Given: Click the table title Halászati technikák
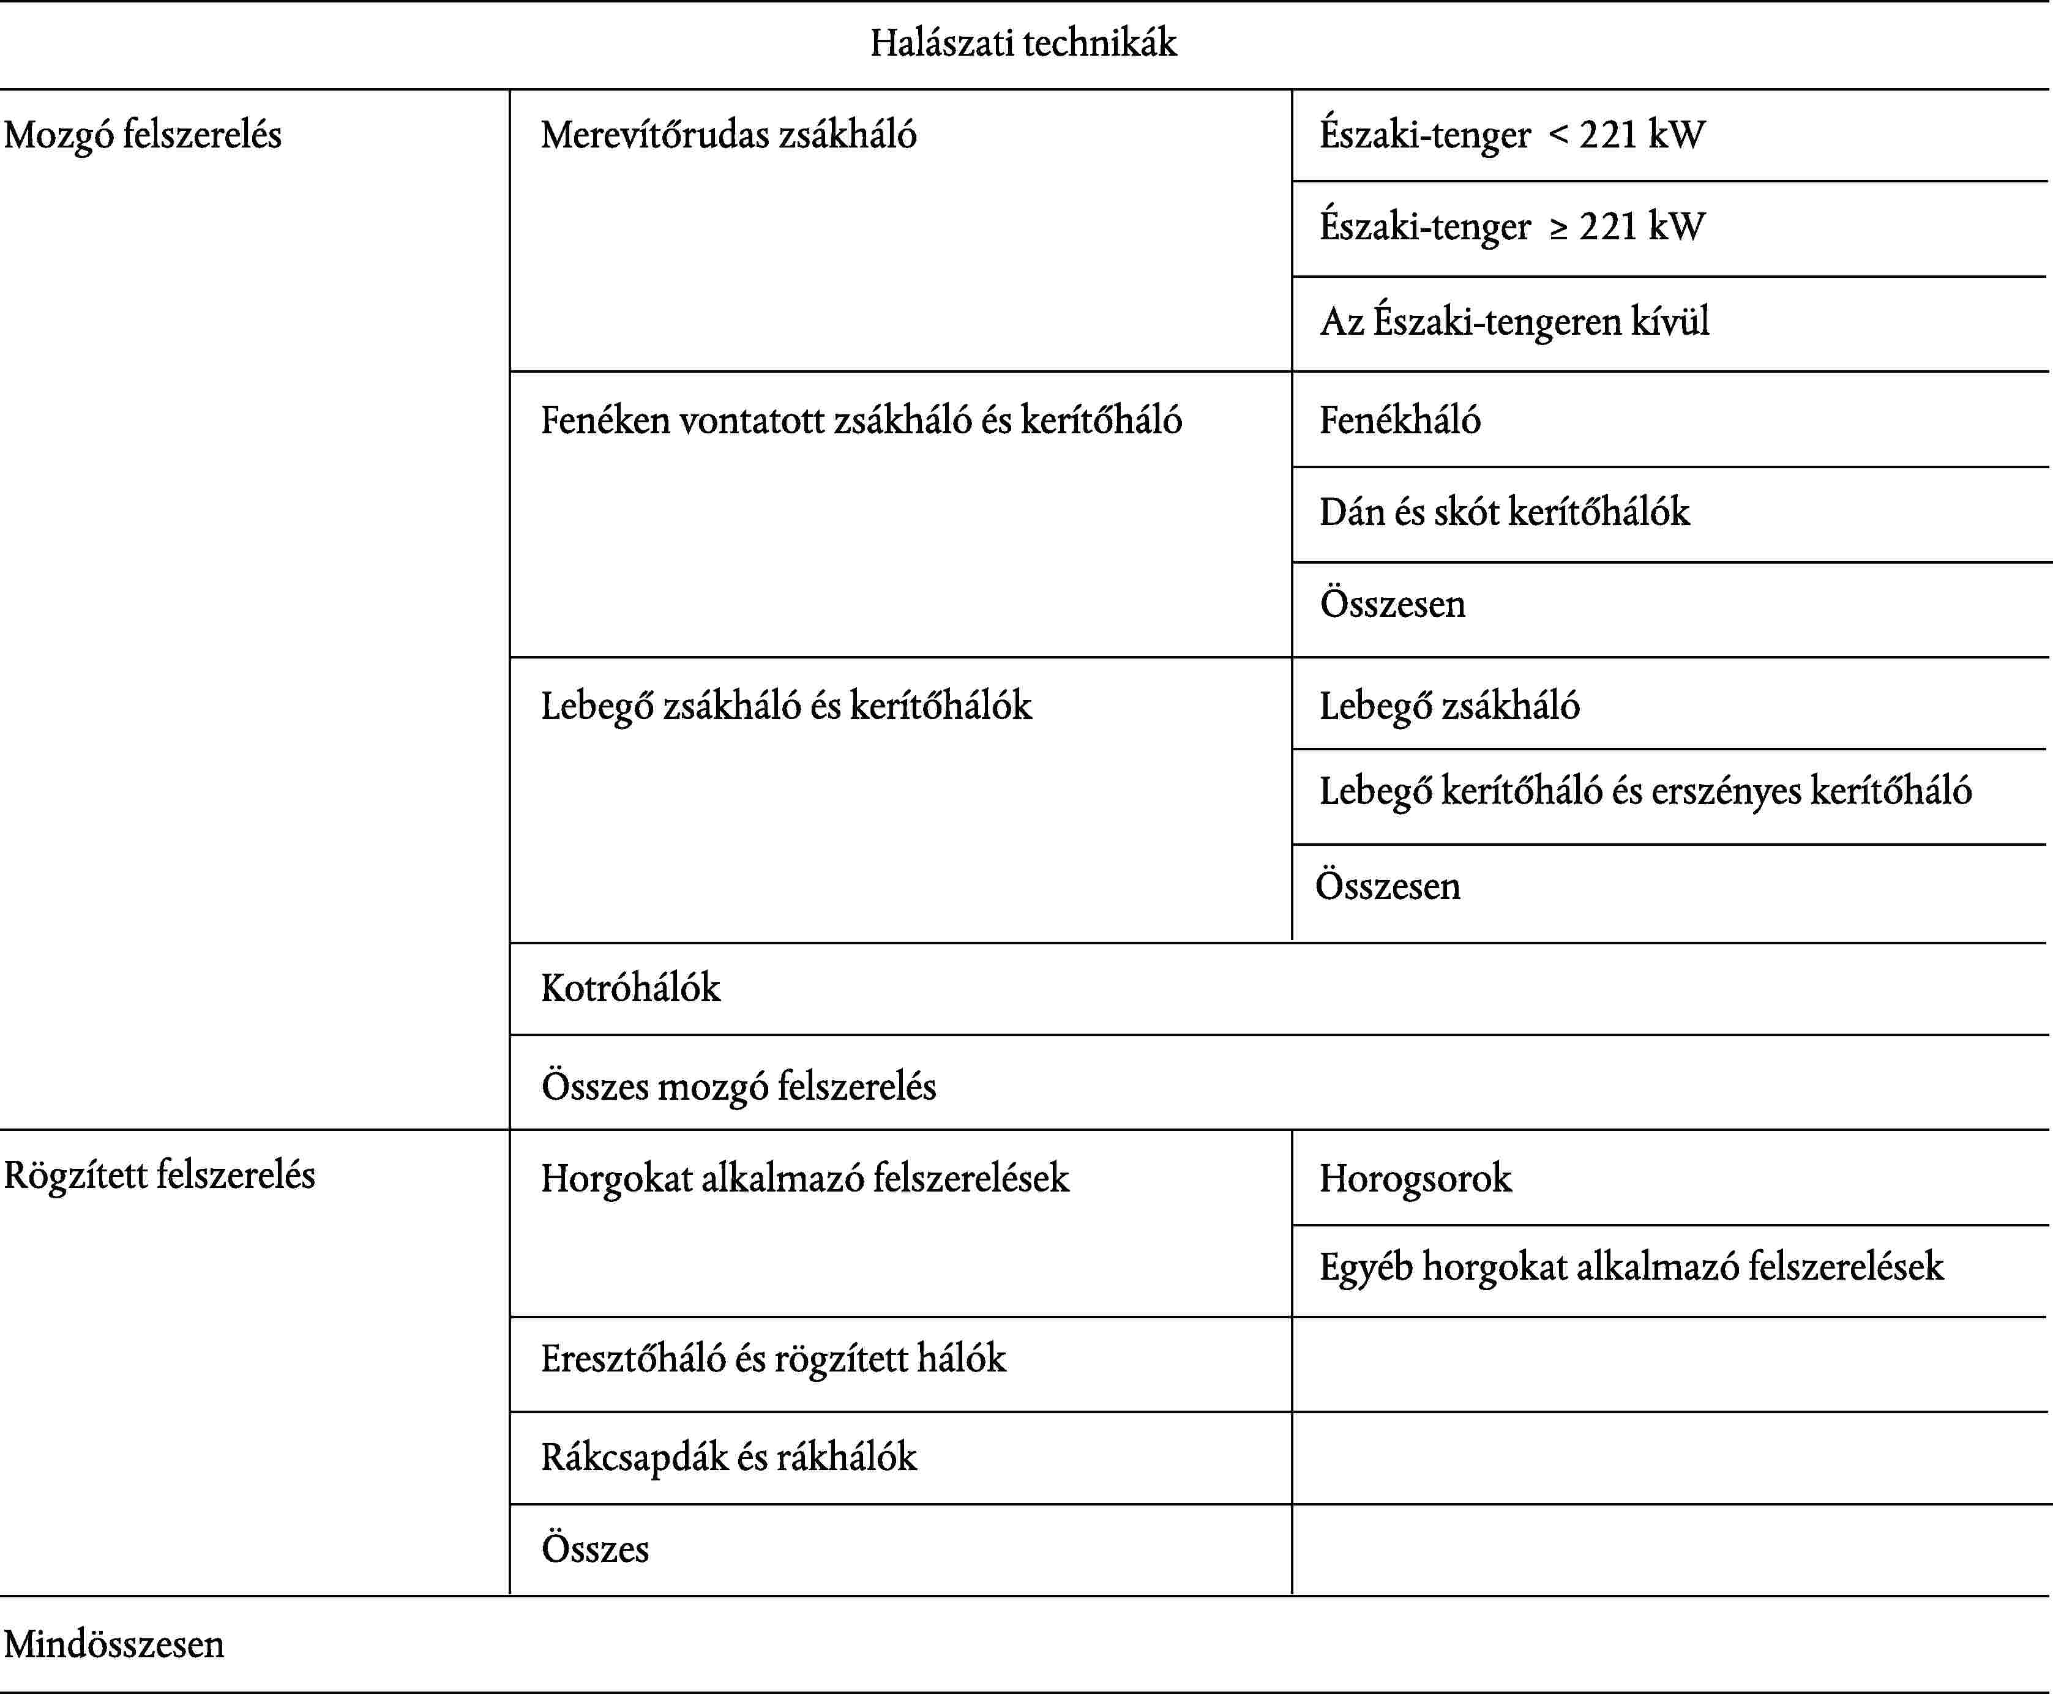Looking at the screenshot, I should pyautogui.click(x=1023, y=43).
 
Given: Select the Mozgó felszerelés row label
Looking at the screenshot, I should pyautogui.click(x=143, y=135).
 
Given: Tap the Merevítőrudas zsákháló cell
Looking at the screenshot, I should pyautogui.click(x=728, y=135).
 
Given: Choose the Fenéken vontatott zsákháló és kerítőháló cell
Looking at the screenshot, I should pyautogui.click(x=861, y=420).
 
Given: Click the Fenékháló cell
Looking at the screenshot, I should pyautogui.click(x=1399, y=420).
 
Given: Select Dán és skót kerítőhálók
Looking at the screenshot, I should pyautogui.click(x=1504, y=512).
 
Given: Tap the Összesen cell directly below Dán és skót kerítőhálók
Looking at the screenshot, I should pyautogui.click(x=1393, y=604).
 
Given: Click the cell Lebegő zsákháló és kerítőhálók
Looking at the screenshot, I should pyautogui.click(x=785, y=706).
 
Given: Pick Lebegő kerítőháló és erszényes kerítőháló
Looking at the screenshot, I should pyautogui.click(x=1645, y=791).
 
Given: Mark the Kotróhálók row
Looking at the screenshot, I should pyautogui.click(x=630, y=988).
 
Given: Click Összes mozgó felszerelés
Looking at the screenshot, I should pyautogui.click(x=739, y=1086).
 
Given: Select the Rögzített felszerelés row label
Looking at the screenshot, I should pyautogui.click(x=159, y=1175).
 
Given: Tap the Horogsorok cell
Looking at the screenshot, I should pyautogui.click(x=1415, y=1179).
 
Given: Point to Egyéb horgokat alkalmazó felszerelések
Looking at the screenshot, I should pyautogui.click(x=1631, y=1267).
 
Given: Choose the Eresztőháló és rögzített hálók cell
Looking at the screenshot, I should pyautogui.click(x=773, y=1359).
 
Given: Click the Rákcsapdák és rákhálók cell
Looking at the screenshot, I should pyautogui.click(x=728, y=1457).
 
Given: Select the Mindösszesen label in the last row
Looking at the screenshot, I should pyautogui.click(x=114, y=1644).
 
